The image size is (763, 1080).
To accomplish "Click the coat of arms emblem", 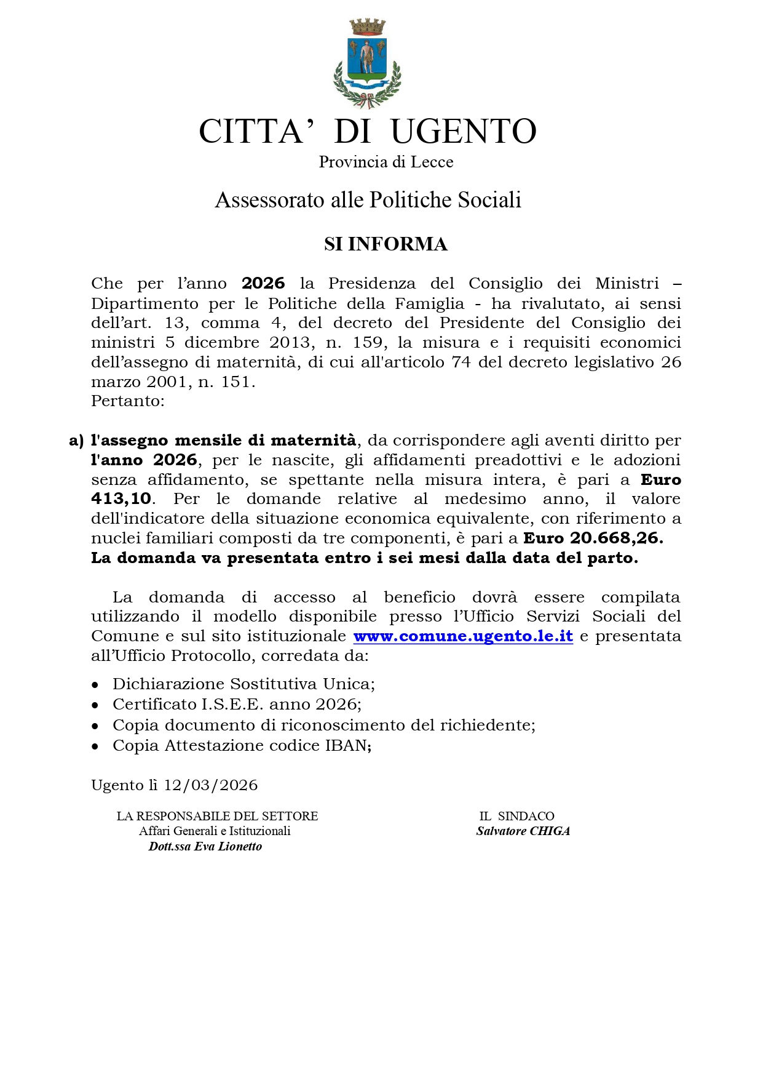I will click(367, 63).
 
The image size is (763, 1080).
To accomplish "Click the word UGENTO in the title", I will click(464, 131).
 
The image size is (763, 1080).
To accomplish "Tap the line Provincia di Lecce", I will click(385, 162).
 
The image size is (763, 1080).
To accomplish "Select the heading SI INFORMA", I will click(385, 244).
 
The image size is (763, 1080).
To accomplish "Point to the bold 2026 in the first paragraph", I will click(263, 284).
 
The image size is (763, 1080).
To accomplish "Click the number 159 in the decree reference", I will click(368, 342).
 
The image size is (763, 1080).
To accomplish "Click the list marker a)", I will click(76, 441).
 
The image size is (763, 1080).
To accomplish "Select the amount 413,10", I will click(121, 499).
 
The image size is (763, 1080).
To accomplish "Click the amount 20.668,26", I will click(616, 538).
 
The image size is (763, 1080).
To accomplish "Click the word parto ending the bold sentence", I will click(617, 558).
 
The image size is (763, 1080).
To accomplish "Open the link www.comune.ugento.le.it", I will click(463, 636).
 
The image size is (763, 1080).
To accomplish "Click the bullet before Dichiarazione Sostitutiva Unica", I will click(95, 685).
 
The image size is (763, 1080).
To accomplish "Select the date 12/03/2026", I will click(211, 785).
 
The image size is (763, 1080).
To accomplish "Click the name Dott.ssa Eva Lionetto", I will click(205, 847).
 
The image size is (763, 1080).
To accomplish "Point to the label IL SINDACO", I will click(516, 816).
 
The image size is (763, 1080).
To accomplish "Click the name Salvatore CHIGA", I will click(523, 831).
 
